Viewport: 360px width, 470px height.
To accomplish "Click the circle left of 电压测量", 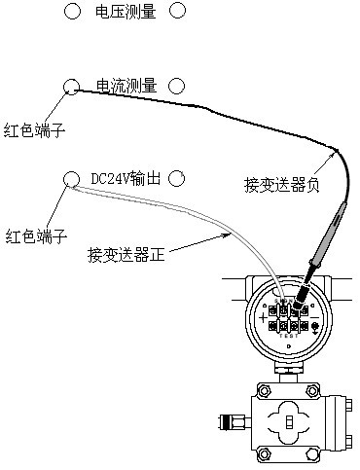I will tap(71, 11).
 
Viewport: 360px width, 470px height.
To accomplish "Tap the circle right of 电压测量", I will tap(177, 11).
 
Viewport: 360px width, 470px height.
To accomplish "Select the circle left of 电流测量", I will tap(71, 87).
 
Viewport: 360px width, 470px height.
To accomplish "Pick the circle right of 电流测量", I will tap(177, 87).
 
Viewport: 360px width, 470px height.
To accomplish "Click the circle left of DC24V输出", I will tap(71, 178).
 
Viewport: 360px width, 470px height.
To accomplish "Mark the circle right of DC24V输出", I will tap(177, 178).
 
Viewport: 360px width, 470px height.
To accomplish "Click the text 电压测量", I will tap(124, 11).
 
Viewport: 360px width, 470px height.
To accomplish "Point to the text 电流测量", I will tap(124, 87).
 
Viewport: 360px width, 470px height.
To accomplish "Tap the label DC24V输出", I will tap(124, 178).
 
